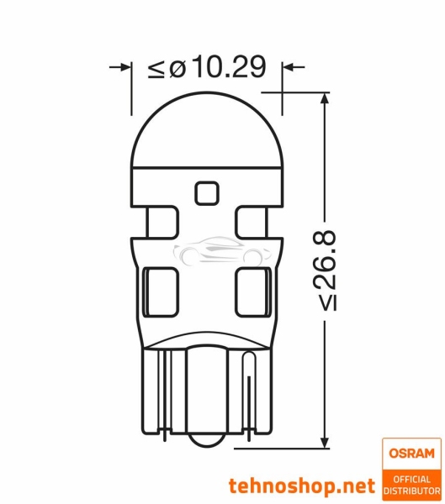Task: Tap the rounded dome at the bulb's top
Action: point(206,126)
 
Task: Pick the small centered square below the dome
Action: point(206,192)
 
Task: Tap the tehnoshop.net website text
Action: point(302,486)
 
